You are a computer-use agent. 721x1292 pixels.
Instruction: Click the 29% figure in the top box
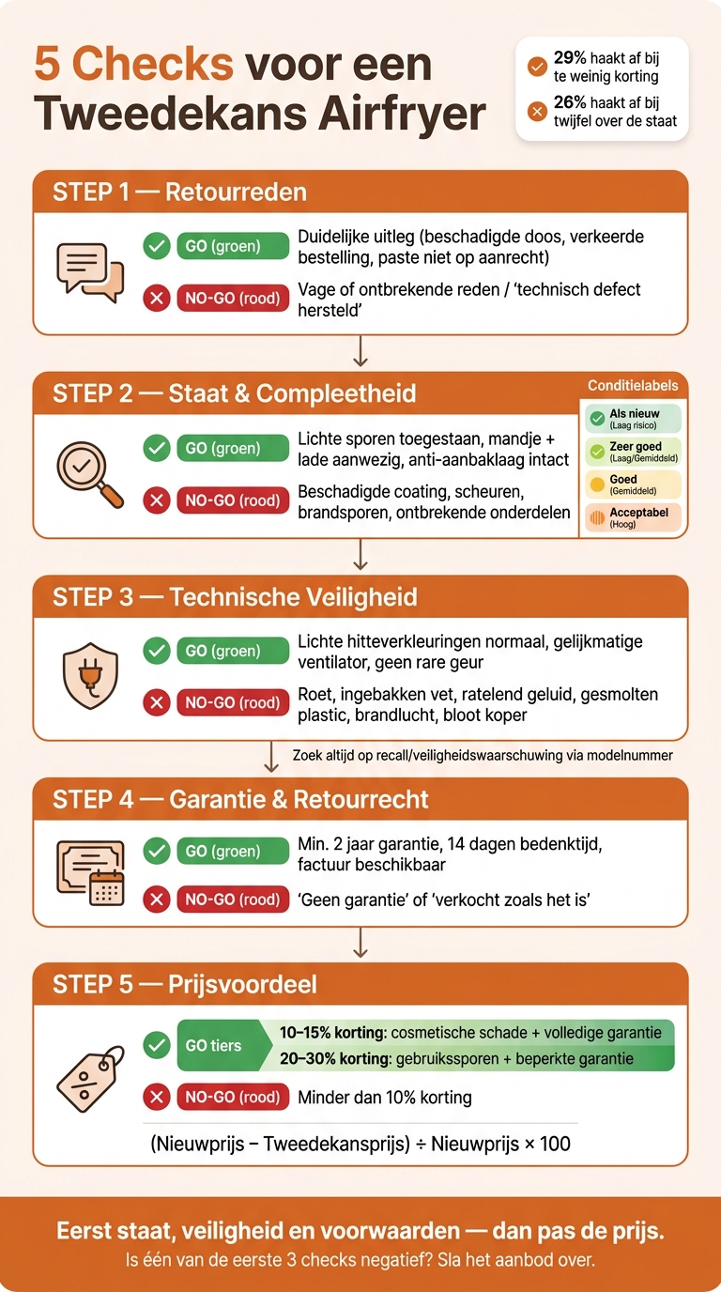570,57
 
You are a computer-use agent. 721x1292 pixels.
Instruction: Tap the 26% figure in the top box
570,102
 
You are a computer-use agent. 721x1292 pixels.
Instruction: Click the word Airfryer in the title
403,114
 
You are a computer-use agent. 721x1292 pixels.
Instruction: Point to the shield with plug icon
90,676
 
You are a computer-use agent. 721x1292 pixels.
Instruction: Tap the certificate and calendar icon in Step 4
90,873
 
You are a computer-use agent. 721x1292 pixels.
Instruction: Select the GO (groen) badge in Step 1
233,246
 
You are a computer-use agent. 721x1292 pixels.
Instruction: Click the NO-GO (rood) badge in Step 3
233,702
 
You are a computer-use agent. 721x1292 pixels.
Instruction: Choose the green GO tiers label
223,1045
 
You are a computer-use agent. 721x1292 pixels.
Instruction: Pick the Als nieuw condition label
633,419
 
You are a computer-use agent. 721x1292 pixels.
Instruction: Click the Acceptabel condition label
633,517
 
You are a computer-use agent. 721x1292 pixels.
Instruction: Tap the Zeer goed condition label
633,452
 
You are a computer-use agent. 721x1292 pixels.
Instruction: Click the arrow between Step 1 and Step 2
360,350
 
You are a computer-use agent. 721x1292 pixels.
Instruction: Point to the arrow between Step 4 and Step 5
360,943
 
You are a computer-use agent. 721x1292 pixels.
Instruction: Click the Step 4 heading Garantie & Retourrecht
299,799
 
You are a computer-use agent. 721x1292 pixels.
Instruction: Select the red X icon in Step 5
157,1097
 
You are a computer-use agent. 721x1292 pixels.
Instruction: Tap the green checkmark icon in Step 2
157,448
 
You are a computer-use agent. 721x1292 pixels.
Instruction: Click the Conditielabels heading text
633,385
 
